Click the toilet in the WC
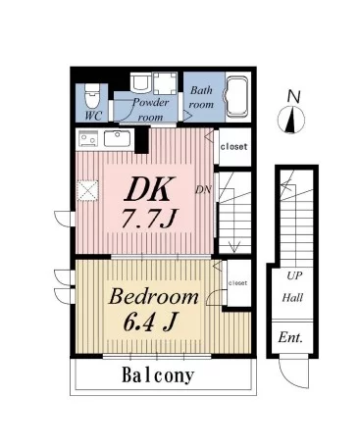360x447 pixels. [x=91, y=96]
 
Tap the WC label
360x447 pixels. [x=93, y=116]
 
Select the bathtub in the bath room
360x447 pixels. [x=237, y=97]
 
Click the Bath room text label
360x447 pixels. [x=201, y=97]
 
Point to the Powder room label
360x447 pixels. [x=150, y=110]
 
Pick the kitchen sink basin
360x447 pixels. [x=117, y=139]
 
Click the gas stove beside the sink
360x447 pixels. [x=88, y=138]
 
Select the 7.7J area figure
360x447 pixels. [x=149, y=219]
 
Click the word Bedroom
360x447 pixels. [x=154, y=297]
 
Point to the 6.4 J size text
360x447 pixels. [x=150, y=322]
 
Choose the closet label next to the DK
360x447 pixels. [x=233, y=146]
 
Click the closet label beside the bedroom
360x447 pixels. [x=237, y=283]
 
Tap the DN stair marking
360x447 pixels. [x=203, y=189]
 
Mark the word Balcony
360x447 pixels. [x=158, y=375]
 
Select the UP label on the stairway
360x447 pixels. [x=294, y=276]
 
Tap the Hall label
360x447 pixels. [x=292, y=298]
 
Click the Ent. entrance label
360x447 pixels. [x=290, y=337]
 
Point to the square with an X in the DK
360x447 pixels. [x=87, y=190]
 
